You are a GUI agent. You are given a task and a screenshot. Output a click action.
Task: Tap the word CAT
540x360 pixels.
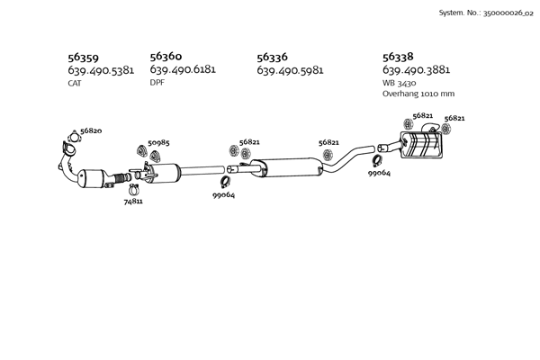pyautogui.click(x=75, y=83)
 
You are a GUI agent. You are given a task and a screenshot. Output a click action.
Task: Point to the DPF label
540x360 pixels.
pyautogui.click(x=157, y=82)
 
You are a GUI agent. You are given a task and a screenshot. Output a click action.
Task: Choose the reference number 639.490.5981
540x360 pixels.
pyautogui.click(x=290, y=70)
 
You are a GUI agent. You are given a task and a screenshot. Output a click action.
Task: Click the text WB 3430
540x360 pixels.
pyautogui.click(x=400, y=82)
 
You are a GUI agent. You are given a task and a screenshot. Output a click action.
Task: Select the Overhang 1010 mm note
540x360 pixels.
pyautogui.click(x=418, y=93)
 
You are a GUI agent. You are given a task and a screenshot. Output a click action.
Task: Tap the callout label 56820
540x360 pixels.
pyautogui.click(x=91, y=131)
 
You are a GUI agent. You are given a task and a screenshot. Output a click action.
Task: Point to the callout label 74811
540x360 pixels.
pyautogui.click(x=133, y=202)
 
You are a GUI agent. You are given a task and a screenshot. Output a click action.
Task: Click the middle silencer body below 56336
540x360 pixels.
pyautogui.click(x=286, y=167)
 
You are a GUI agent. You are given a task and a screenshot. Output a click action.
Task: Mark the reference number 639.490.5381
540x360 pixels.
pyautogui.click(x=101, y=70)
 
